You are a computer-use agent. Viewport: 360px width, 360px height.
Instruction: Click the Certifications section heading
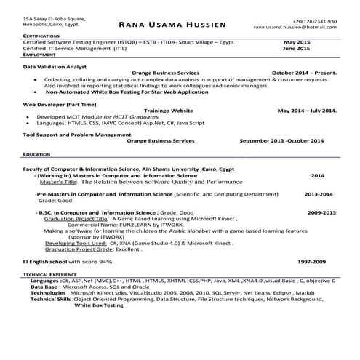click(41, 36)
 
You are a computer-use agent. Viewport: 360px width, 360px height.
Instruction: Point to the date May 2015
click(296, 42)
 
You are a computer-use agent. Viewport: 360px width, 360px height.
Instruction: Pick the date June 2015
click(296, 48)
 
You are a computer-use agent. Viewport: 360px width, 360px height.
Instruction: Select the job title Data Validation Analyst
click(55, 66)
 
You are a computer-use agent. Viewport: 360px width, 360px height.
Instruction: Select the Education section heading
click(36, 155)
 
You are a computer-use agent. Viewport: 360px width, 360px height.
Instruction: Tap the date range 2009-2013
click(321, 212)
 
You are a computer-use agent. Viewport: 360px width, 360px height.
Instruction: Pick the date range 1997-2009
click(311, 260)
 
